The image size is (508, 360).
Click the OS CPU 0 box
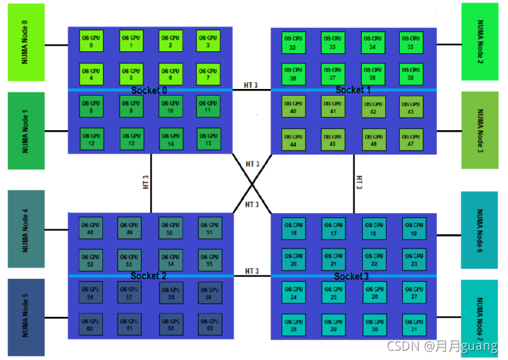pos(91,41)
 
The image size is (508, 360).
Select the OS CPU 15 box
pos(209,139)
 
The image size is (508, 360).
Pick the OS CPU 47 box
pos(411,139)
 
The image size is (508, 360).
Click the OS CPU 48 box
pos(90,228)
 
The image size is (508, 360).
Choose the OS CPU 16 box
pos(294,228)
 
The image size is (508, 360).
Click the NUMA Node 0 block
pos(26,42)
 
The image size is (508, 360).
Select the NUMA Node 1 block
pos(26,130)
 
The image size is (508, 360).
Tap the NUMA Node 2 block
pos(480,42)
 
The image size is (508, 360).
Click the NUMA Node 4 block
pos(26,229)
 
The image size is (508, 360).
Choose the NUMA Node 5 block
pos(26,317)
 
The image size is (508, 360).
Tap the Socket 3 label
pos(351,276)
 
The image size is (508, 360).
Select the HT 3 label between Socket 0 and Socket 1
pos(252,85)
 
